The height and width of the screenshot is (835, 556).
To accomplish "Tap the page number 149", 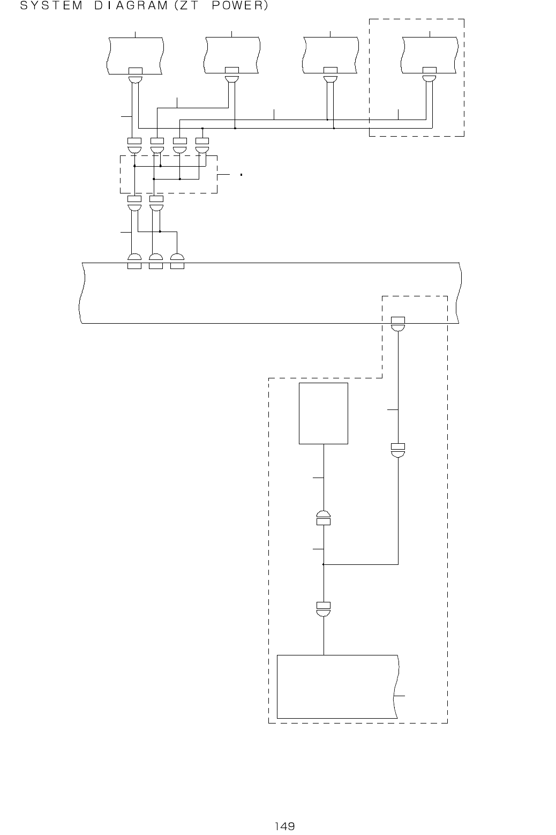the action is pos(285,826).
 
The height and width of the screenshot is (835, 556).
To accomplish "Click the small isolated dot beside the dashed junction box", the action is pos(242,175).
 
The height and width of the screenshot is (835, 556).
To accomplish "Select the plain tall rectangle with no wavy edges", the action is pos(324,413).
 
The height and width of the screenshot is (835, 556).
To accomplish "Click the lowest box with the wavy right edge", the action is pos(337,686).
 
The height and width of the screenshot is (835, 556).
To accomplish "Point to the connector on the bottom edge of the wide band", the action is pos(398,324).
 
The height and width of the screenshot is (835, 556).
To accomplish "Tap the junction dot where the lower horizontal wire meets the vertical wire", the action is pos(324,564).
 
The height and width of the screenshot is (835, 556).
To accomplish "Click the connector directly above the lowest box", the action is pos(324,609).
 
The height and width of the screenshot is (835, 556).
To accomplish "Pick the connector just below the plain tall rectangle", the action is pos(324,517).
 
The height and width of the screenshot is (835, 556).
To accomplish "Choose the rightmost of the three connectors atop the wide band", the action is pos(177,261).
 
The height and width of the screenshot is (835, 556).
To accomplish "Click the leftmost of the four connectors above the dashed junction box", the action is pos(134,145).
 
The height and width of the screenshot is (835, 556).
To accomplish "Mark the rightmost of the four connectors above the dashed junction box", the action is pos(202,145).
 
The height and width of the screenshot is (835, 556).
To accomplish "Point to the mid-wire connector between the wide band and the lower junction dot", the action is pos(398,450).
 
